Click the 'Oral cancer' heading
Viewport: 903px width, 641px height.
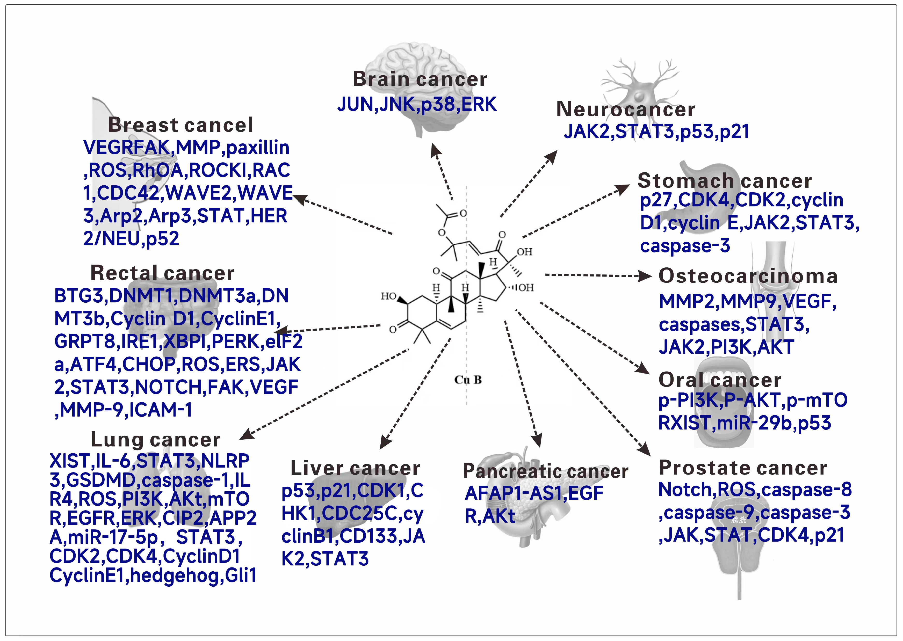point(720,380)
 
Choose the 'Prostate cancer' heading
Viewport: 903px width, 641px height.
point(743,468)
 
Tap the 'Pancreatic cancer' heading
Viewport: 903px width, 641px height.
point(546,471)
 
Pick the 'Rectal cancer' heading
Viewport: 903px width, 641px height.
point(162,273)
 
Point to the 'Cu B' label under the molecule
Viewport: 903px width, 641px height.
point(468,380)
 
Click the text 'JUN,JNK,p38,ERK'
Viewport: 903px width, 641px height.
point(417,104)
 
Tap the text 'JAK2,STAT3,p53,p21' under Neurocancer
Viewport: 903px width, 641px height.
point(656,132)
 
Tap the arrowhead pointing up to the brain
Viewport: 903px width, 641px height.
point(436,150)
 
